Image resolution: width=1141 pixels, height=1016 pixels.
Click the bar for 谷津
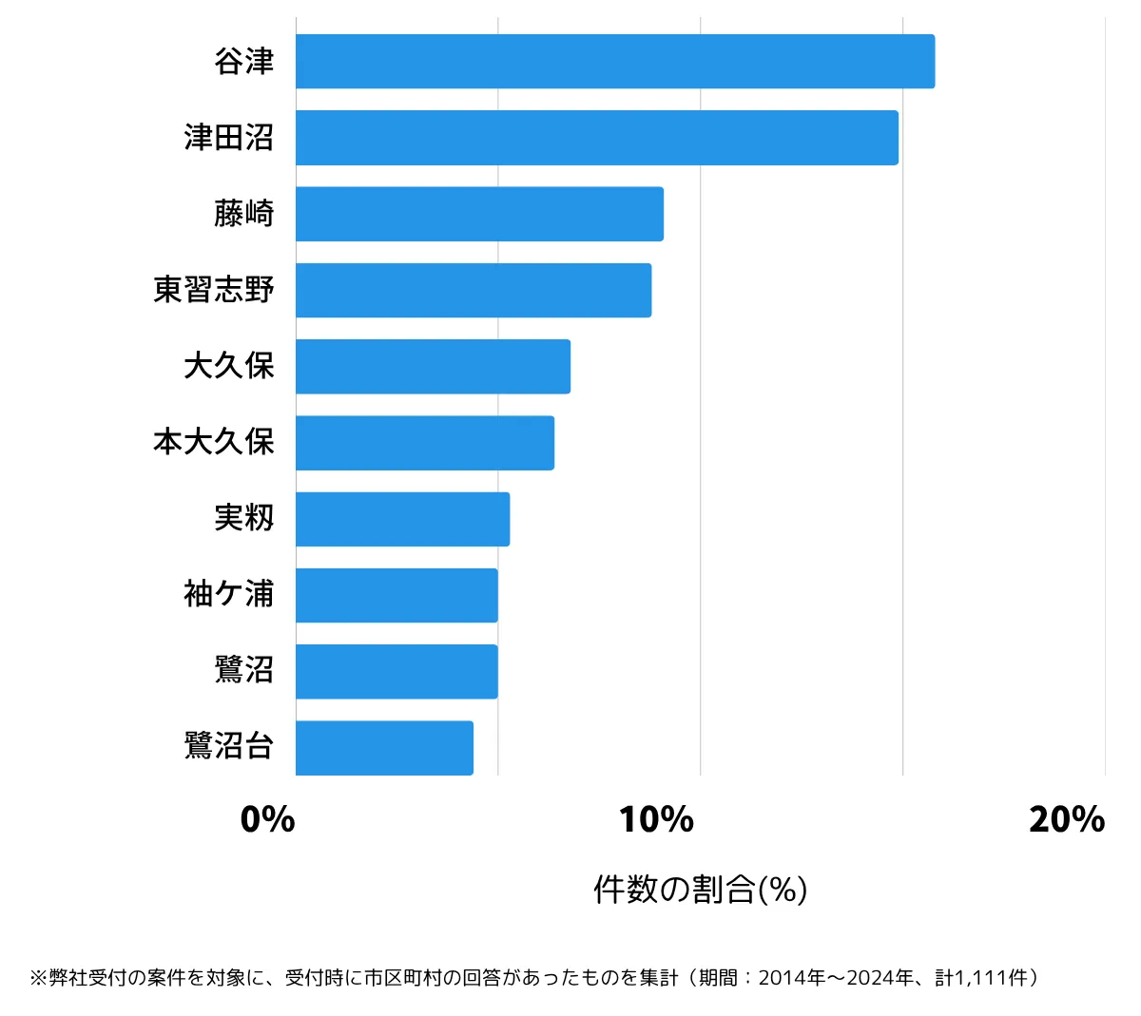[x=615, y=62]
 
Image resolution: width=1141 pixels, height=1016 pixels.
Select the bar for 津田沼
[x=597, y=138]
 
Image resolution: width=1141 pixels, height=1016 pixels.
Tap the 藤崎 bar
[x=479, y=214]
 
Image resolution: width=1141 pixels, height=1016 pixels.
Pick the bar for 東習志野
[x=474, y=290]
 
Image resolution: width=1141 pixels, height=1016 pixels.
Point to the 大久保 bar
[x=433, y=366]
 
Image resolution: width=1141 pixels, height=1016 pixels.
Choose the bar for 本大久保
[x=425, y=443]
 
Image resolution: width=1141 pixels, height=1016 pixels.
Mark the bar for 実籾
[x=402, y=519]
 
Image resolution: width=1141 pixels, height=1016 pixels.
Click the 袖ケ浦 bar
[x=396, y=595]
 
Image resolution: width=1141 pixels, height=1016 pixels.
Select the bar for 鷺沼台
[x=384, y=748]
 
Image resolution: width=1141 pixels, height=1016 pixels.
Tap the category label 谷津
[x=244, y=62]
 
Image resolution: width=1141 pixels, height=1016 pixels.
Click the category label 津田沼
[x=229, y=138]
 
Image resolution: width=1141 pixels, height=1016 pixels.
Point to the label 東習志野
[x=214, y=290]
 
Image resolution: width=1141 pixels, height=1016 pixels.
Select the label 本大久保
[x=214, y=442]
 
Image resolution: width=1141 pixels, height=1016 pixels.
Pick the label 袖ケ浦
[x=229, y=595]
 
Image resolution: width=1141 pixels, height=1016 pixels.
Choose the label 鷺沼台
[x=229, y=746]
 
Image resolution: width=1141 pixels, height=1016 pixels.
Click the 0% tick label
[x=268, y=819]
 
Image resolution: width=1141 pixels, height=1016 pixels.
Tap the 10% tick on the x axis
[x=656, y=819]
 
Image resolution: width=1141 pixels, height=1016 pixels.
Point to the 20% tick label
[x=1067, y=819]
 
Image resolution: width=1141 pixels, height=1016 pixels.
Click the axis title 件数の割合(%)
[x=701, y=890]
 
